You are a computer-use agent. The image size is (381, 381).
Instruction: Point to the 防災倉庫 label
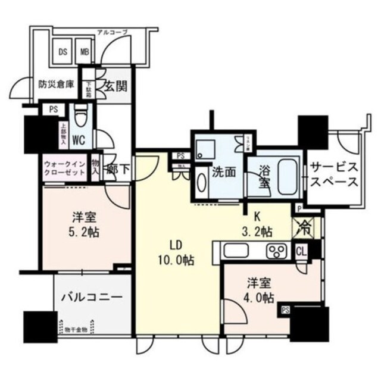point(56,85)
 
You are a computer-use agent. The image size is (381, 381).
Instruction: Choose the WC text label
point(77,142)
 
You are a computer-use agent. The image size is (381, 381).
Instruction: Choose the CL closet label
point(302,251)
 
